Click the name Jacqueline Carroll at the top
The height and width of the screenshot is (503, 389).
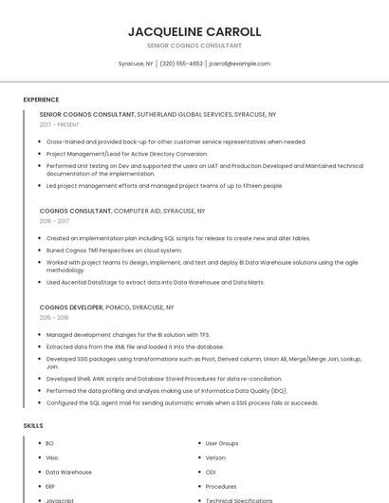(x=194, y=31)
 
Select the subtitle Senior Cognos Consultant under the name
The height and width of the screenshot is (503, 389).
(x=194, y=46)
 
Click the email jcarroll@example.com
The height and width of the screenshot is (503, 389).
(x=240, y=64)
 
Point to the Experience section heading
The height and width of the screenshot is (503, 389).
(x=41, y=100)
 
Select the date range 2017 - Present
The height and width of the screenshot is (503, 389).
(x=60, y=124)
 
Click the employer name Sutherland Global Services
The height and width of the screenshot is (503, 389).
(x=184, y=114)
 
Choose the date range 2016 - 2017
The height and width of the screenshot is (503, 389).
(x=54, y=221)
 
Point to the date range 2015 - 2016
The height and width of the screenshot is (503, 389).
(x=54, y=318)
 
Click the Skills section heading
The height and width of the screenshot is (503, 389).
(x=33, y=425)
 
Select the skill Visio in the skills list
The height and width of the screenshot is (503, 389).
(x=52, y=457)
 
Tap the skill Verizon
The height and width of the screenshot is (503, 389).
(x=215, y=457)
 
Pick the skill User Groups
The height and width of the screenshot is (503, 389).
(x=222, y=443)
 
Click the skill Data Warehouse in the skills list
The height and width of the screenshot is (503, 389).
(x=68, y=472)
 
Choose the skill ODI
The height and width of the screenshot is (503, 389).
(x=211, y=472)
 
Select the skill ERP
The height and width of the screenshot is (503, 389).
(x=50, y=486)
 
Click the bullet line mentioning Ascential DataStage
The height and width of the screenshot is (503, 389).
(x=155, y=282)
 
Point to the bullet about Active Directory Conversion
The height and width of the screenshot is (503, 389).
(x=126, y=153)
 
